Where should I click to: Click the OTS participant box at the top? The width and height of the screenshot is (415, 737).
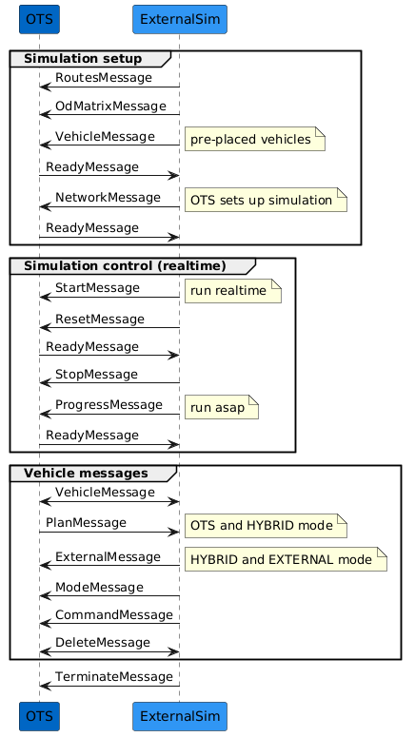pyautogui.click(x=39, y=19)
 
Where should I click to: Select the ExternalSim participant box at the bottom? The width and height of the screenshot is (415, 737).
pyautogui.click(x=180, y=716)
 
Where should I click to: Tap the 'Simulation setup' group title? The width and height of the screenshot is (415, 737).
pyautogui.click(x=83, y=59)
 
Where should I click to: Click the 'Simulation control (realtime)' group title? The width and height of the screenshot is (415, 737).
pyautogui.click(x=125, y=265)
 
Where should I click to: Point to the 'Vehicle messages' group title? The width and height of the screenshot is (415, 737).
pyautogui.click(x=86, y=473)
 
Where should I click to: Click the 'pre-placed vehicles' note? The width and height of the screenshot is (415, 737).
pyautogui.click(x=254, y=139)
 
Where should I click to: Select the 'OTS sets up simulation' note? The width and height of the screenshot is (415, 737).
pyautogui.click(x=266, y=200)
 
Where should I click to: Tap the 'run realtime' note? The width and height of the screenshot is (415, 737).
pyautogui.click(x=233, y=290)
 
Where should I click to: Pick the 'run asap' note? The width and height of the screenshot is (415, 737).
pyautogui.click(x=222, y=407)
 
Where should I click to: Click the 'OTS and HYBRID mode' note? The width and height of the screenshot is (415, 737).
pyautogui.click(x=266, y=525)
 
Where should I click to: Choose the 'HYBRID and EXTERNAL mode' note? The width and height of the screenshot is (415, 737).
pyautogui.click(x=286, y=559)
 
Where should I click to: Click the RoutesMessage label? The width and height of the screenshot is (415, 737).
pyautogui.click(x=104, y=78)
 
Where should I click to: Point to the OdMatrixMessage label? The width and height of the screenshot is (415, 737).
pyautogui.click(x=110, y=107)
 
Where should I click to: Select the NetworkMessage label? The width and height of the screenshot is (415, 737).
pyautogui.click(x=108, y=198)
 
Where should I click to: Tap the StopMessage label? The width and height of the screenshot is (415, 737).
pyautogui.click(x=96, y=375)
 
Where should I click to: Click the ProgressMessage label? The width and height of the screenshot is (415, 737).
pyautogui.click(x=109, y=405)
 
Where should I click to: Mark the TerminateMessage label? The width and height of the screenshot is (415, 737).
pyautogui.click(x=114, y=677)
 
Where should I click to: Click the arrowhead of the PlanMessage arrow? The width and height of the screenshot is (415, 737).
pyautogui.click(x=176, y=533)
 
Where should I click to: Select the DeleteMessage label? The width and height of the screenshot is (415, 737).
pyautogui.click(x=103, y=643)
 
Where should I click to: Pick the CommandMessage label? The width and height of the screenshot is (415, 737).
pyautogui.click(x=114, y=615)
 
